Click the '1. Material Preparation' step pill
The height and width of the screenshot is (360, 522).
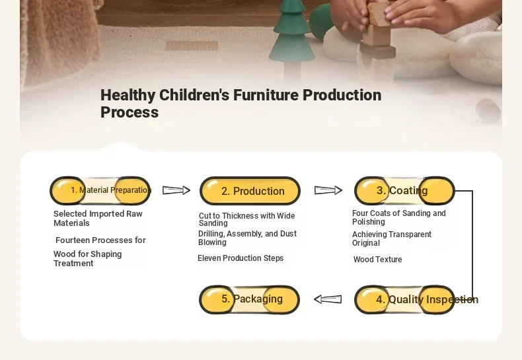pyautogui.click(x=100, y=191)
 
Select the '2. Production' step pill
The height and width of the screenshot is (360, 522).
pyautogui.click(x=250, y=191)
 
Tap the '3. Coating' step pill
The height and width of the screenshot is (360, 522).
pyautogui.click(x=404, y=191)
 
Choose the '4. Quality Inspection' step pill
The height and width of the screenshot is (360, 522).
pyautogui.click(x=404, y=299)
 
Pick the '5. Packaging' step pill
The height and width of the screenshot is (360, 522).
pyautogui.click(x=249, y=299)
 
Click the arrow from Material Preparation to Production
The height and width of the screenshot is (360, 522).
pyautogui.click(x=176, y=190)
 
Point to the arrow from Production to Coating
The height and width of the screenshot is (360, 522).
pyautogui.click(x=328, y=190)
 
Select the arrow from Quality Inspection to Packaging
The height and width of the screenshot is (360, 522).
pyautogui.click(x=328, y=299)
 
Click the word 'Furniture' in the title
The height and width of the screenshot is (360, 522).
pyautogui.click(x=266, y=95)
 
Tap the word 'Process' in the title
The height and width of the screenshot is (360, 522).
pyautogui.click(x=130, y=112)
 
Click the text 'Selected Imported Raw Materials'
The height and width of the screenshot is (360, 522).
pyautogui.click(x=98, y=218)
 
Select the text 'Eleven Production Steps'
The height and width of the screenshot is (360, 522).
pyautogui.click(x=241, y=258)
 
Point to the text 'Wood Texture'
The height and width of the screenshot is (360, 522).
pyautogui.click(x=377, y=260)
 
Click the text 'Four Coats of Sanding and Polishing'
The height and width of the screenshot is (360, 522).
pyautogui.click(x=399, y=217)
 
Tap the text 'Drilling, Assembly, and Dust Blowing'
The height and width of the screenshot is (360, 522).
pyautogui.click(x=247, y=238)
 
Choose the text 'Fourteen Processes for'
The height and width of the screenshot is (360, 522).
pyautogui.click(x=100, y=240)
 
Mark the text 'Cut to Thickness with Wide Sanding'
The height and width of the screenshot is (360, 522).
pyautogui.click(x=246, y=219)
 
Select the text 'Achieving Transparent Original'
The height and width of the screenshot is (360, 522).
pyautogui.click(x=391, y=238)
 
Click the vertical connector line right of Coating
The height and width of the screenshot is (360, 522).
pyautogui.click(x=472, y=245)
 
